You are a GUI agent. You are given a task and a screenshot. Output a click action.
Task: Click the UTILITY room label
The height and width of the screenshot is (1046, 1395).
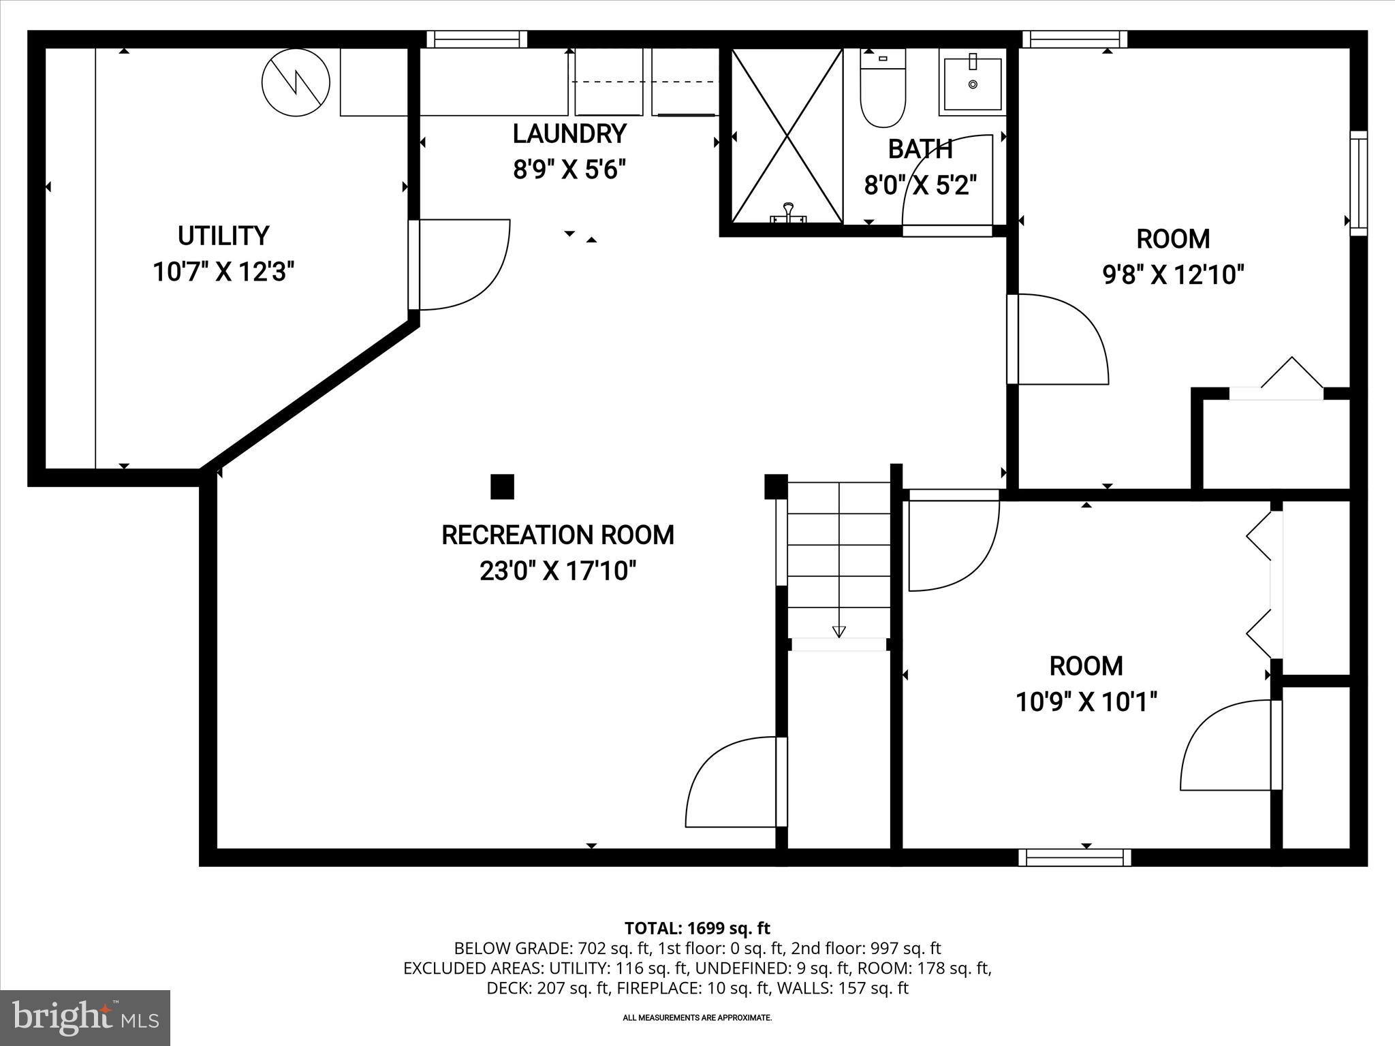pyautogui.click(x=223, y=236)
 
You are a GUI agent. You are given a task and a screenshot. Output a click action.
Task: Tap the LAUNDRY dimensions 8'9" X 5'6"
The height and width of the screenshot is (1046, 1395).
pyautogui.click(x=569, y=169)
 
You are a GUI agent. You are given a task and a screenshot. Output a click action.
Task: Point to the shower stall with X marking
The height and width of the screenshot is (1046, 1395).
pyautogui.click(x=787, y=136)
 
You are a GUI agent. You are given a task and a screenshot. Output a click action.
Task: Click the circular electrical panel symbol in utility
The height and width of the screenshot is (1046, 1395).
pyautogui.click(x=296, y=83)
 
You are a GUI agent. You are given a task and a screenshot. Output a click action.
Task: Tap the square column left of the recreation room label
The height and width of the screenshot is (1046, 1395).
pyautogui.click(x=502, y=487)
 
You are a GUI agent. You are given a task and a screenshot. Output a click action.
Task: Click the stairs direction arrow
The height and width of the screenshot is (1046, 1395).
pyautogui.click(x=838, y=631)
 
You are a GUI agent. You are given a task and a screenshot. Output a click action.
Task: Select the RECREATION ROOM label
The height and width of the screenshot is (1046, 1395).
pyautogui.click(x=557, y=535)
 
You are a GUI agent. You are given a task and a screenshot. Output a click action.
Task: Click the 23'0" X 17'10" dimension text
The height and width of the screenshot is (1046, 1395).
pyautogui.click(x=557, y=571)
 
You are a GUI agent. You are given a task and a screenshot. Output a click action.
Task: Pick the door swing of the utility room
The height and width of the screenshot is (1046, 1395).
pyautogui.click(x=463, y=264)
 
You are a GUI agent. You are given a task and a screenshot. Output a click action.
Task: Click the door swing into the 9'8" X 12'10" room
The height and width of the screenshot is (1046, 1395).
pyautogui.click(x=1059, y=339)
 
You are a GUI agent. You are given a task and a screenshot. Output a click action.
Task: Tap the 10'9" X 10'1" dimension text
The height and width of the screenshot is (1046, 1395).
pyautogui.click(x=1086, y=701)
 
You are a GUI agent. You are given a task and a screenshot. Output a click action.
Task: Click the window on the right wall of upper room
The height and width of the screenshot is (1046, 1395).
pyautogui.click(x=1358, y=183)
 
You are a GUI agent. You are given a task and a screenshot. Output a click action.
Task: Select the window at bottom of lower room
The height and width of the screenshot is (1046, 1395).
pyautogui.click(x=1075, y=857)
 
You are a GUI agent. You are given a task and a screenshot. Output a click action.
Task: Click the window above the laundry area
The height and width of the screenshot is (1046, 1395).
pyautogui.click(x=477, y=39)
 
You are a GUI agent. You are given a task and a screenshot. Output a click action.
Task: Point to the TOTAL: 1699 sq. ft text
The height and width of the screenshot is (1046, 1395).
pyautogui.click(x=697, y=928)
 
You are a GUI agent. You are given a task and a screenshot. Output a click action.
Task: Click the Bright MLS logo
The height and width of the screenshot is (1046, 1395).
pyautogui.click(x=85, y=1017)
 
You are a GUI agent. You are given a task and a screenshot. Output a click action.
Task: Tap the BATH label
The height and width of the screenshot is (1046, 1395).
pyautogui.click(x=920, y=149)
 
